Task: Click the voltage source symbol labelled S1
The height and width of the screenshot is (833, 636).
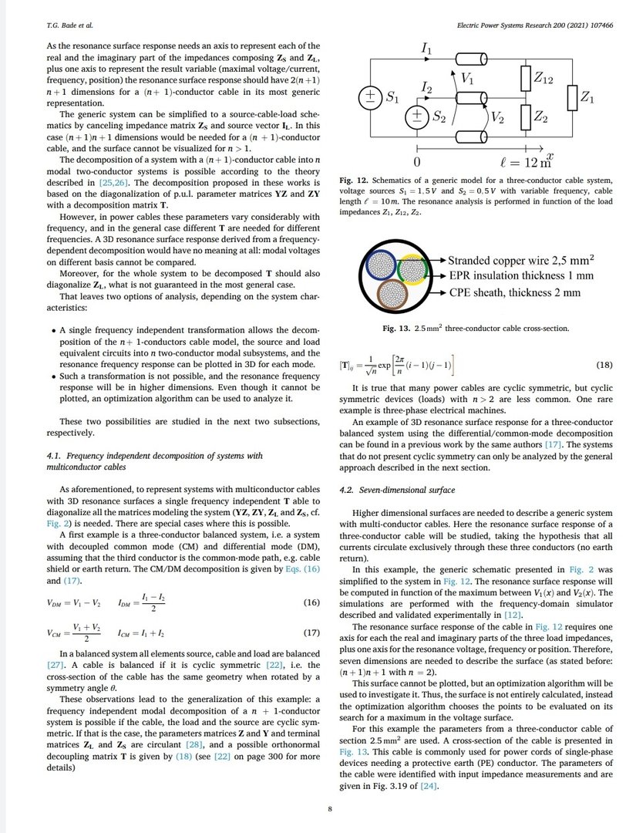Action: click(369, 96)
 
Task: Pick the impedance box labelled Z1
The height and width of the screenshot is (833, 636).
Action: click(572, 97)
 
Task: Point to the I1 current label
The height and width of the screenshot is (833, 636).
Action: click(426, 49)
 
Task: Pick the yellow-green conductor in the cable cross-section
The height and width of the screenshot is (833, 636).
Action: click(412, 267)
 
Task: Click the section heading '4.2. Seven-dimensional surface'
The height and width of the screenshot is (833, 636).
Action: click(399, 489)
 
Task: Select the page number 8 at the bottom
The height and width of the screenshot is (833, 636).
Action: click(330, 808)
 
